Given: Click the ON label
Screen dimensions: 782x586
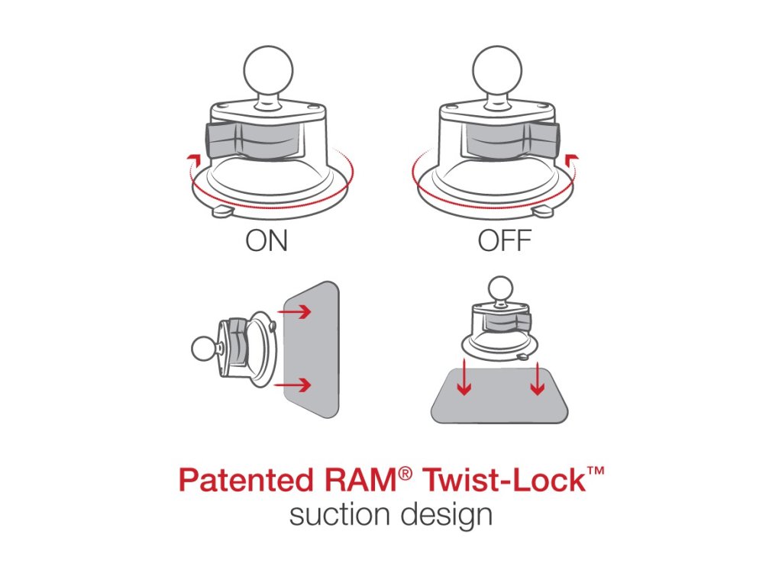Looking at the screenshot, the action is click(x=267, y=242).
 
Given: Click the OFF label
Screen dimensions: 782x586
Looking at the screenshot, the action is click(x=504, y=242).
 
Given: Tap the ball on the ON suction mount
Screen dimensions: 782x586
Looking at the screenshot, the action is click(x=266, y=68).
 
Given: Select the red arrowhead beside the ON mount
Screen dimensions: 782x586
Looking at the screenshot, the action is click(x=195, y=159).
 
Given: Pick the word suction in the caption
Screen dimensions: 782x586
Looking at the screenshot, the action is click(x=339, y=515).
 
